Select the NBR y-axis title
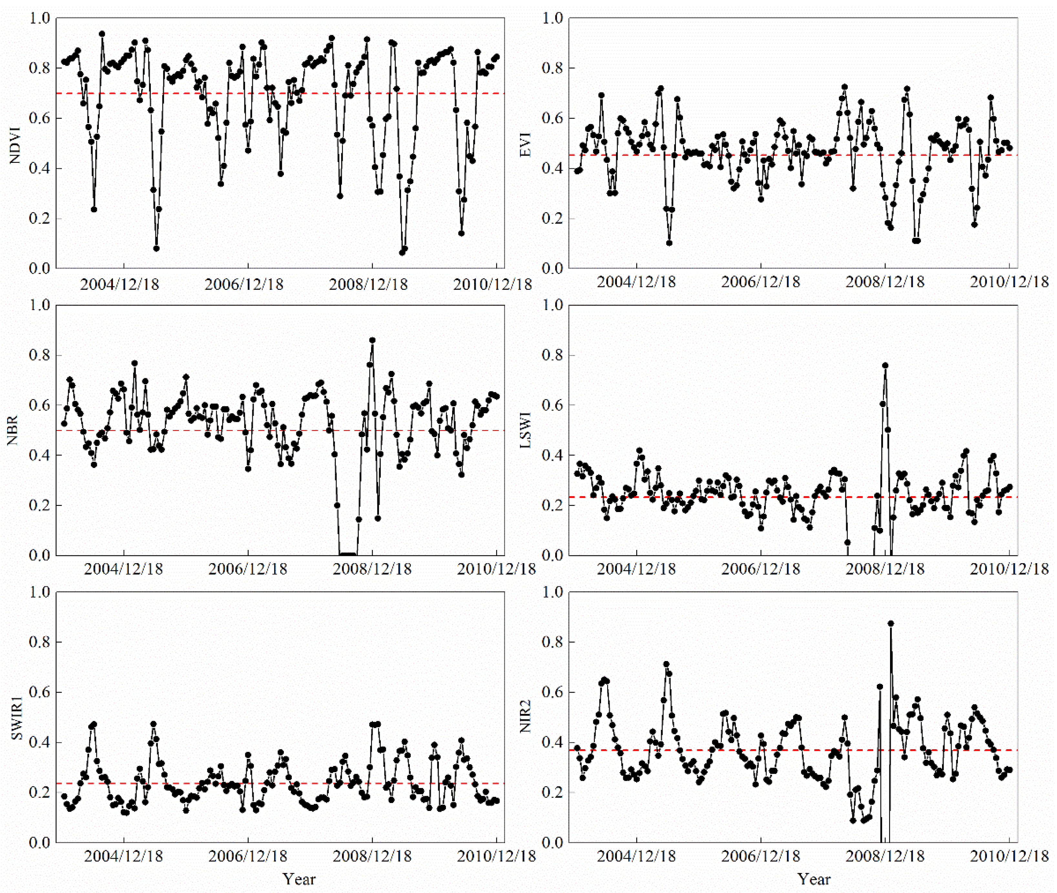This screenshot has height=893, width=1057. pyautogui.click(x=13, y=431)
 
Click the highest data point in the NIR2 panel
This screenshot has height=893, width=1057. pyautogui.click(x=891, y=624)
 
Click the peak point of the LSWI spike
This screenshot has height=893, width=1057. pyautogui.click(x=885, y=365)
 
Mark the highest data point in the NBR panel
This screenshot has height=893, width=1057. pyautogui.click(x=372, y=340)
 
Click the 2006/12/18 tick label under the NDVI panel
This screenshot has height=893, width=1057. pyautogui.click(x=244, y=285)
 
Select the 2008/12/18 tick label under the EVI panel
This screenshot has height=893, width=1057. pyautogui.click(x=885, y=282)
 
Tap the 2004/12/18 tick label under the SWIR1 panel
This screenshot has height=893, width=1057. pyautogui.click(x=123, y=856)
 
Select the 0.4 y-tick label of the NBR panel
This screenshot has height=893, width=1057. pyautogui.click(x=39, y=456)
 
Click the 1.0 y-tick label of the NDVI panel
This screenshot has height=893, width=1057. pyautogui.click(x=39, y=18)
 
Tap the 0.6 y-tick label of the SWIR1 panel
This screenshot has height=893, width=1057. pyautogui.click(x=39, y=692)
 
